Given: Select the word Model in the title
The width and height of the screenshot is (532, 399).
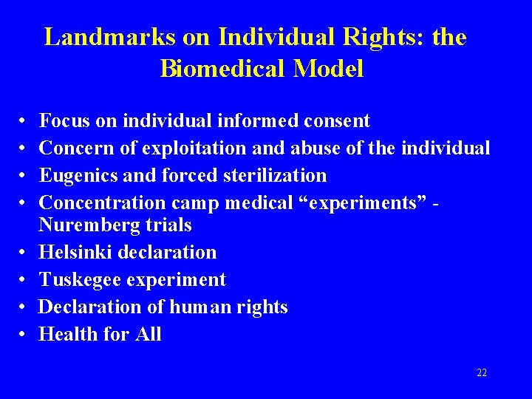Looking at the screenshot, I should (x=329, y=69).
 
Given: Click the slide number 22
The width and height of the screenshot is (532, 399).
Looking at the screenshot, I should (x=482, y=373).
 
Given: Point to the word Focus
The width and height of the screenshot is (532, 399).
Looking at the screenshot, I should (x=64, y=120).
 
